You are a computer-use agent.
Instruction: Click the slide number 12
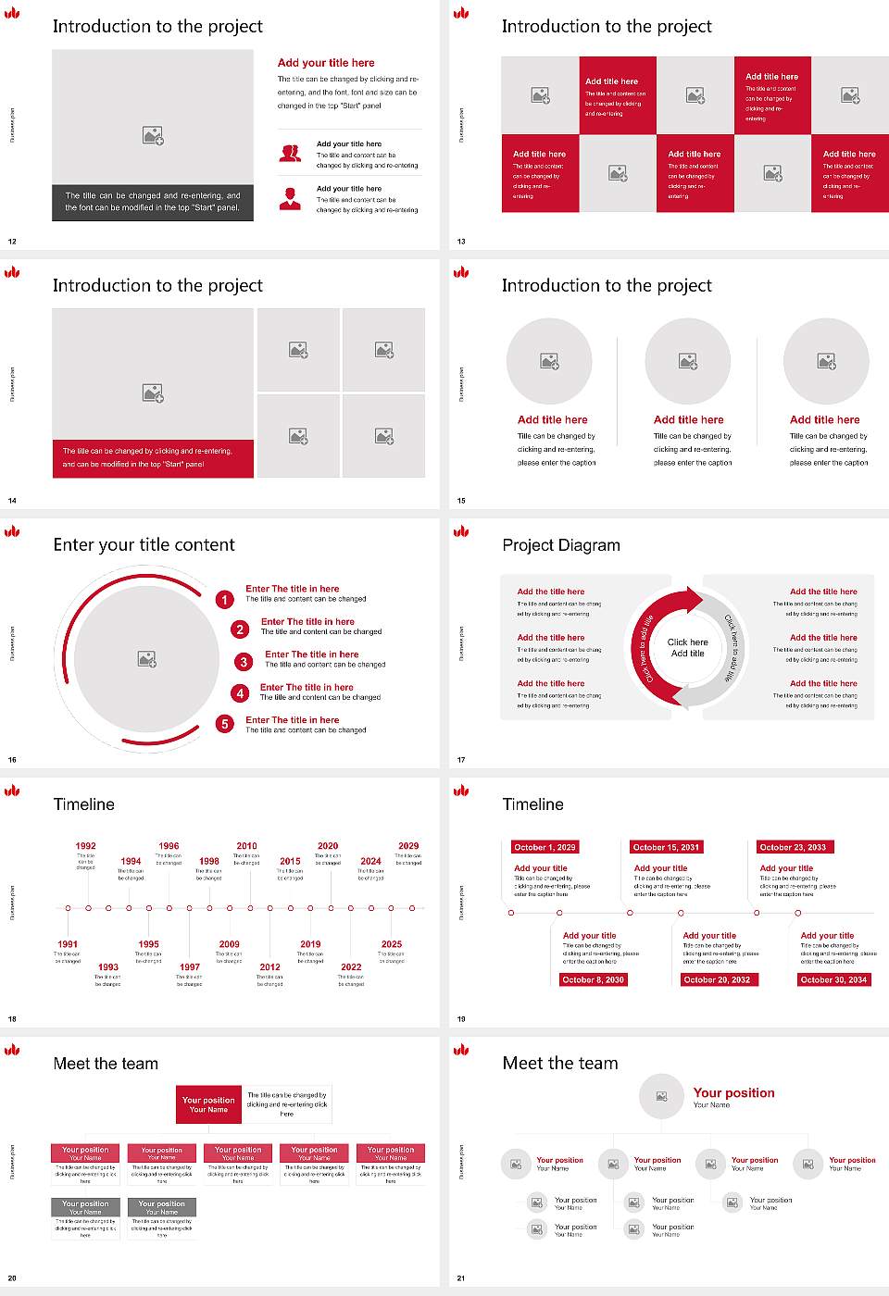pyautogui.click(x=12, y=242)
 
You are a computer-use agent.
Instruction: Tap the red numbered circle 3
pyautogui.click(x=244, y=662)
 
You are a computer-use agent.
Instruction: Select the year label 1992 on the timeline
pyautogui.click(x=86, y=846)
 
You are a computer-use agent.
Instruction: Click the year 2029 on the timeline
pyautogui.click(x=408, y=846)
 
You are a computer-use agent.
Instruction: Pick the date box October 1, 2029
pyautogui.click(x=545, y=847)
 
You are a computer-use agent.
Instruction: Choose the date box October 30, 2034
pyautogui.click(x=833, y=979)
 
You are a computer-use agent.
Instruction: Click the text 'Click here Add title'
pyautogui.click(x=688, y=648)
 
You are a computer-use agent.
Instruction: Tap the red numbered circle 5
pyautogui.click(x=225, y=724)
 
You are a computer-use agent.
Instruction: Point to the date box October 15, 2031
pyautogui.click(x=666, y=847)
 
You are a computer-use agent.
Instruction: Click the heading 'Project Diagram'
pyautogui.click(x=561, y=545)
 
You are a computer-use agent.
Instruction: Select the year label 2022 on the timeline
pyautogui.click(x=351, y=966)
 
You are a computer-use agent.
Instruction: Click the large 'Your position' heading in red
pyautogui.click(x=733, y=1093)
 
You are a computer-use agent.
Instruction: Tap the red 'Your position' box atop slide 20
pyautogui.click(x=208, y=1104)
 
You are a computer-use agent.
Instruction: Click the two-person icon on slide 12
pyautogui.click(x=290, y=154)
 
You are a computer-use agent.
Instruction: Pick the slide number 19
pyautogui.click(x=461, y=1019)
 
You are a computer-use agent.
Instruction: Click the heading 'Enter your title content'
pyautogui.click(x=144, y=545)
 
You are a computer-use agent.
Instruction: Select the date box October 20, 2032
pyautogui.click(x=717, y=979)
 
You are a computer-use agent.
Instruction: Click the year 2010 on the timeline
pyautogui.click(x=246, y=846)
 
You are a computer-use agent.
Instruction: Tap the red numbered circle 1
pyautogui.click(x=224, y=600)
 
